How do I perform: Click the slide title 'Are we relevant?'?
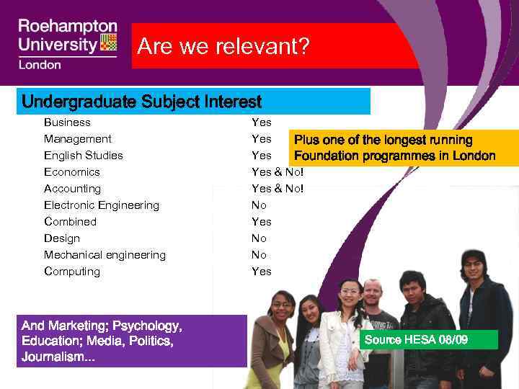[223, 47]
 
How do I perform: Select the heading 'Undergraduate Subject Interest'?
[141, 102]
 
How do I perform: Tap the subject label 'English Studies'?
[83, 156]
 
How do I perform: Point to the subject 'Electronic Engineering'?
[101, 205]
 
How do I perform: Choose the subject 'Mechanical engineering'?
[105, 255]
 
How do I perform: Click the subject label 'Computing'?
[71, 272]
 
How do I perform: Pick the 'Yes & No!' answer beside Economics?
[278, 172]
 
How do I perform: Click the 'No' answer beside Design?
[259, 238]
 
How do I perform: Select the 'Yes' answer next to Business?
[261, 122]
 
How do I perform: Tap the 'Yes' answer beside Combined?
[261, 222]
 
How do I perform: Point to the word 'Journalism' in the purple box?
[55, 357]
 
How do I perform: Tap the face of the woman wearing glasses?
[282, 307]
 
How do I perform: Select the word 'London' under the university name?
[40, 65]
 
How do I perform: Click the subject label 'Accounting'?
[71, 189]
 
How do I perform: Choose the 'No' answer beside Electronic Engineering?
[259, 205]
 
